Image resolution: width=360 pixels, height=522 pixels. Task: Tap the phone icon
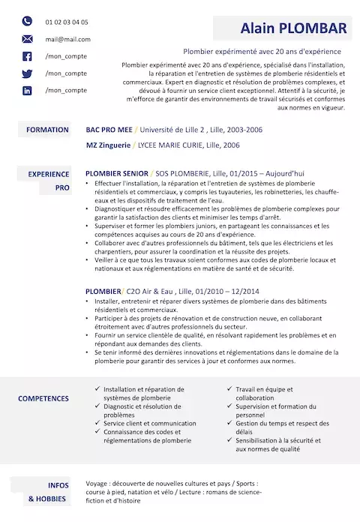coord(28,22)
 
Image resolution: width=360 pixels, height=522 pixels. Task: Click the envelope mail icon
coord(28,39)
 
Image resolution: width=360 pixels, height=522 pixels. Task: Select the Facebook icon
coord(28,56)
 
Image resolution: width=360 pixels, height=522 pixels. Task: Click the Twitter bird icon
coord(28,73)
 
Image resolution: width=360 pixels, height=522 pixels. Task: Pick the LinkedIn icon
coord(28,91)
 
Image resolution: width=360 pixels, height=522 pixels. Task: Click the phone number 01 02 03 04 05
coord(66,22)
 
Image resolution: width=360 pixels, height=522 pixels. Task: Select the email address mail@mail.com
coord(67,40)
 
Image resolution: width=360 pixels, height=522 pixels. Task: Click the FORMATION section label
coord(47,130)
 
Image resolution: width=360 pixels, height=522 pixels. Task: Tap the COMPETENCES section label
coord(43,399)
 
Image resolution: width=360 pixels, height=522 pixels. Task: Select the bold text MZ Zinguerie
coord(109,145)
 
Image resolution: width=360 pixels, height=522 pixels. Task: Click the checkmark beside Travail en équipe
coord(229,389)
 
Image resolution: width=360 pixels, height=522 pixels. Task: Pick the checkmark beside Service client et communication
coord(97,423)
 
